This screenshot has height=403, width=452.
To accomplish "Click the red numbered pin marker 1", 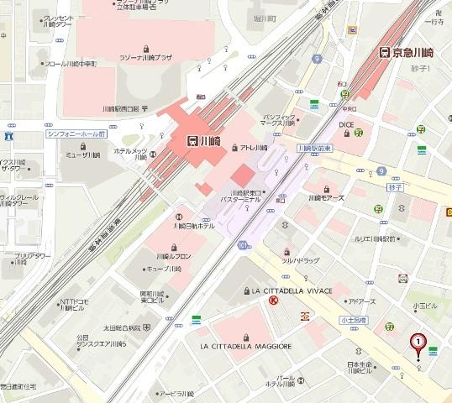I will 417,343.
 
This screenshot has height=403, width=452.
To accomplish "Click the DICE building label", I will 345,123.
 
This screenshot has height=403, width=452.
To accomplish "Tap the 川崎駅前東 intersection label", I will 314,147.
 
